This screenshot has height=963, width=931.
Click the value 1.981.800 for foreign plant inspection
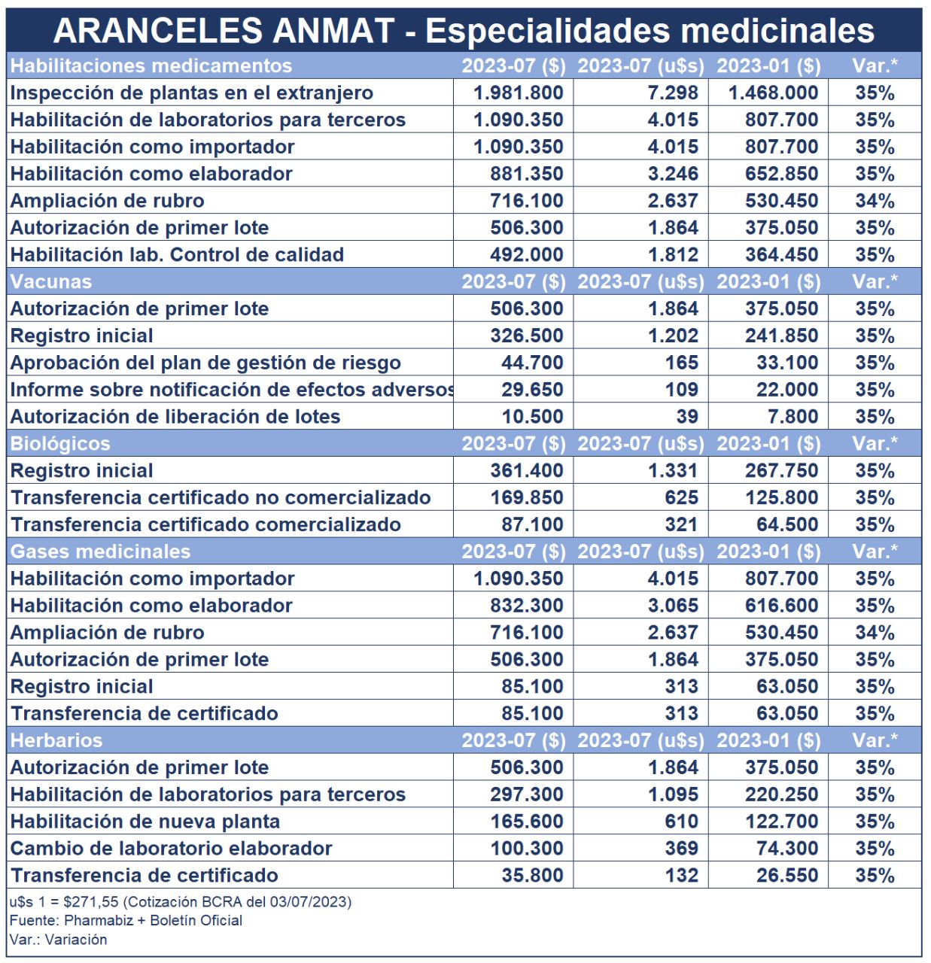click(x=518, y=93)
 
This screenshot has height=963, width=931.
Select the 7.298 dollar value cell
click(x=673, y=93)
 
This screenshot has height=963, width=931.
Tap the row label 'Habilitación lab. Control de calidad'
click(x=177, y=255)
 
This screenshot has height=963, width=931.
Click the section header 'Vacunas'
click(x=51, y=282)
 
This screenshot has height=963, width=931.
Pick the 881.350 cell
click(x=526, y=174)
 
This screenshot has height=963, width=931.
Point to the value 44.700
click(x=532, y=363)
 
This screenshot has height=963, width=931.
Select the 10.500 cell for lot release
click(x=532, y=417)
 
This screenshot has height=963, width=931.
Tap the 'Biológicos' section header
click(x=60, y=444)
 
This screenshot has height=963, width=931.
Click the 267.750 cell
click(x=781, y=471)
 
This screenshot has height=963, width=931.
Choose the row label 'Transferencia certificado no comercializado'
click(x=221, y=498)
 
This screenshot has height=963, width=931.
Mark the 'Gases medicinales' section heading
click(x=100, y=551)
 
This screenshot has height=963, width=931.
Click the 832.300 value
click(x=526, y=606)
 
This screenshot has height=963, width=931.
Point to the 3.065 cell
click(x=673, y=606)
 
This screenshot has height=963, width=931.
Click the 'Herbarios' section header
click(x=56, y=740)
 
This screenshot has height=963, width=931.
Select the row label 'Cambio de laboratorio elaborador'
click(x=171, y=849)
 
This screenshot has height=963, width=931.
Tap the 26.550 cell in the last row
click(x=787, y=876)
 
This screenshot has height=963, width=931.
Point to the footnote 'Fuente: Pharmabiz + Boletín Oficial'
click(x=126, y=920)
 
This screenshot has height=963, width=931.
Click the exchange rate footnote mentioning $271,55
click(x=180, y=901)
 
